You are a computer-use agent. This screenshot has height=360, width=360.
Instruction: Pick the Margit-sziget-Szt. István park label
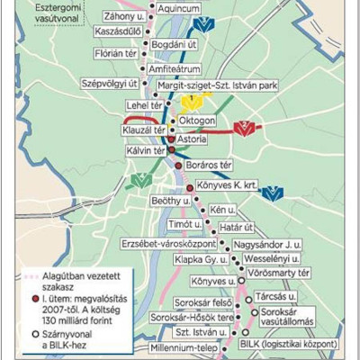[217, 85]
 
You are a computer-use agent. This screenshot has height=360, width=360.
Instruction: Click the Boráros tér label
[211, 166]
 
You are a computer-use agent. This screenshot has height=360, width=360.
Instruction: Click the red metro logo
[241, 130]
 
